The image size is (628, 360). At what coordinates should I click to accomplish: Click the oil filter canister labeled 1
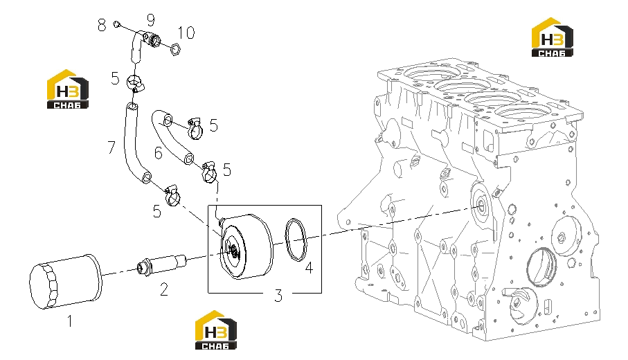(66, 281)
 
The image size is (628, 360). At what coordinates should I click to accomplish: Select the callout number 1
(70, 321)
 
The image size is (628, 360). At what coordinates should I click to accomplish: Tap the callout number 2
(164, 289)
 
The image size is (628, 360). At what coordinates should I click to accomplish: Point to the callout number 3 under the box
(278, 296)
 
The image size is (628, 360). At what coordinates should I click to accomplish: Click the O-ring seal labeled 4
(296, 240)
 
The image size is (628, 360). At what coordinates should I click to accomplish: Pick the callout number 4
(309, 268)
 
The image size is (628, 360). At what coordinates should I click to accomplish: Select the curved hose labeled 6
(172, 136)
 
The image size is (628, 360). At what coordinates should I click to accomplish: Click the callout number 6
(159, 153)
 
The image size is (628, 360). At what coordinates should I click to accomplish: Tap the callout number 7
(111, 147)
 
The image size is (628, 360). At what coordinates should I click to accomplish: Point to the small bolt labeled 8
(116, 24)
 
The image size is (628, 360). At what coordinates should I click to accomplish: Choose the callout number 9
(150, 19)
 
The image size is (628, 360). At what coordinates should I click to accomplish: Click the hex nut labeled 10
(175, 49)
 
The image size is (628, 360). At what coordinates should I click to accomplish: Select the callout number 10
(186, 33)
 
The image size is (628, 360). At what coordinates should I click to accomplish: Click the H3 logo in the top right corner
(552, 37)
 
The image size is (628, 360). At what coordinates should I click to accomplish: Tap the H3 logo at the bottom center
(215, 330)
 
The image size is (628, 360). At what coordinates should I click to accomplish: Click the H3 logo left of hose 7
(67, 89)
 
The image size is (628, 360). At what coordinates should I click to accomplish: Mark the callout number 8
(102, 25)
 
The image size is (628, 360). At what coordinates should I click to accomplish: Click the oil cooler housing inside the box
(246, 246)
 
